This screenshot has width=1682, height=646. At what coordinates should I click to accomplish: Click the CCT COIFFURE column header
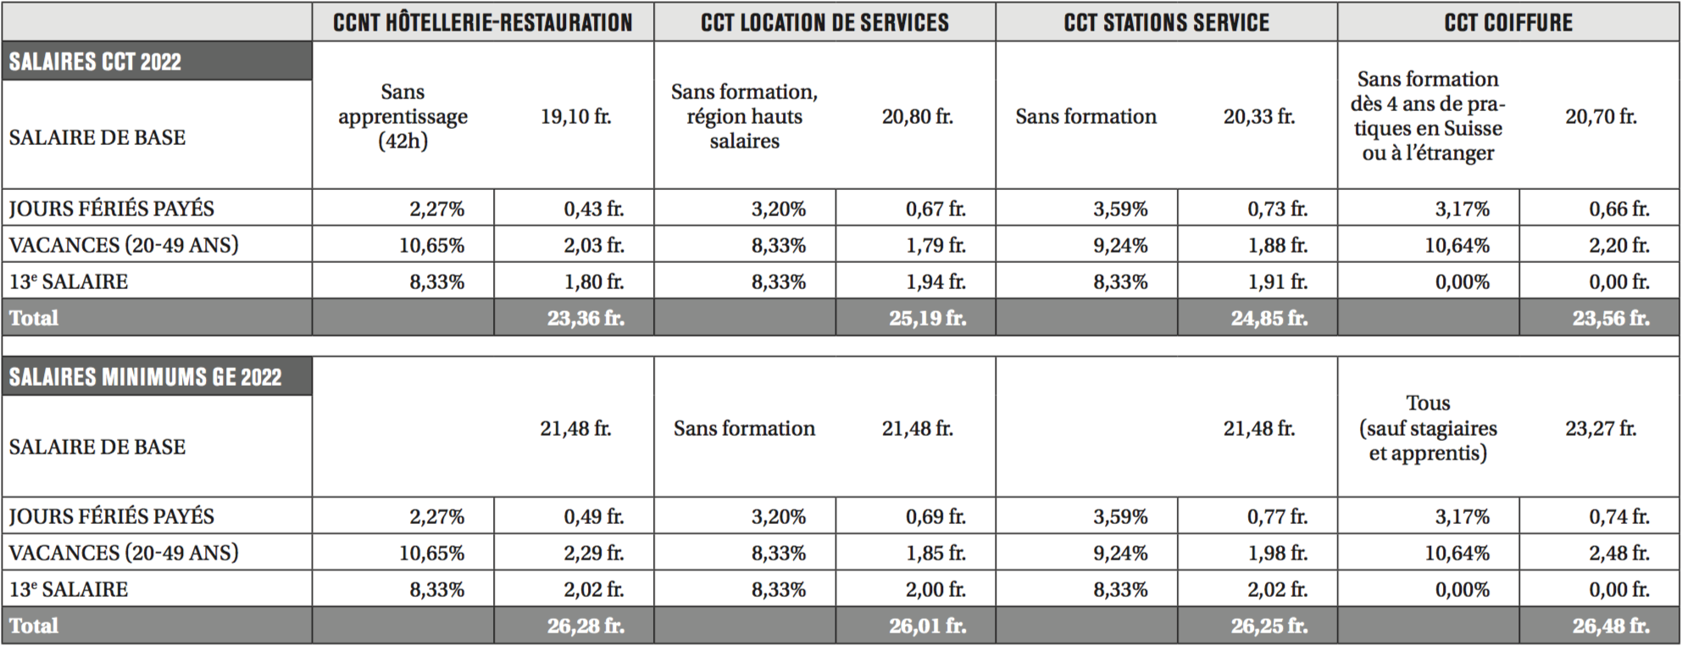[x=1508, y=22]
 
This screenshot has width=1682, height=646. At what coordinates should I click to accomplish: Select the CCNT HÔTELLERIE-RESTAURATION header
[x=483, y=22]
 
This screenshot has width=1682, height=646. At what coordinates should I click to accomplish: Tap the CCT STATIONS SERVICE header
[x=1167, y=22]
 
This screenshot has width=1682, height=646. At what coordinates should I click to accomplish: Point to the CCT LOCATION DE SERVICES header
[x=824, y=22]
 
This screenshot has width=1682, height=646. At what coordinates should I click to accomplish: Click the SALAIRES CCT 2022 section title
[x=95, y=62]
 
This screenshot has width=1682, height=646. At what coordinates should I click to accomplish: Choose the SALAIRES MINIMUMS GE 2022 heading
[x=145, y=377]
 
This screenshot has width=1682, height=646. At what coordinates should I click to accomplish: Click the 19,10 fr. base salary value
[x=576, y=116]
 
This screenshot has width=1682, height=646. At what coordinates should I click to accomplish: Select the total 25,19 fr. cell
[x=927, y=318]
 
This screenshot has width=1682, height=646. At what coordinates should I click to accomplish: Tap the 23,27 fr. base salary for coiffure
[x=1601, y=428]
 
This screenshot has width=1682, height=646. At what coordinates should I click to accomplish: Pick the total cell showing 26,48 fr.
[x=1611, y=626]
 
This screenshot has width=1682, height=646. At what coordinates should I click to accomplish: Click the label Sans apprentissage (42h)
[x=402, y=116]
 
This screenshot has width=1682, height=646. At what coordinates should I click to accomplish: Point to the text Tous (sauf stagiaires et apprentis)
[x=1428, y=428]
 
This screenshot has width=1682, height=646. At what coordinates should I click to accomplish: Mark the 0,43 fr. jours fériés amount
[x=594, y=209]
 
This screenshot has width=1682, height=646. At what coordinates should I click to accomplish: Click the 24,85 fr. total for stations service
[x=1268, y=318]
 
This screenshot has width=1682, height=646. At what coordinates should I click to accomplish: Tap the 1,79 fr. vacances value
[x=935, y=245]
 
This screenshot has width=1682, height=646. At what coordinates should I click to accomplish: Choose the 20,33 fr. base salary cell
[x=1259, y=116]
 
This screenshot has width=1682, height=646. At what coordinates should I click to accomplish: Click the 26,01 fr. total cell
[x=927, y=626]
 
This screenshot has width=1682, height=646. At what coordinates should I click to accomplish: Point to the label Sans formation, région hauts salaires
[x=744, y=116]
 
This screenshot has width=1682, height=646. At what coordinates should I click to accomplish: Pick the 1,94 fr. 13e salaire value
[x=935, y=281]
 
